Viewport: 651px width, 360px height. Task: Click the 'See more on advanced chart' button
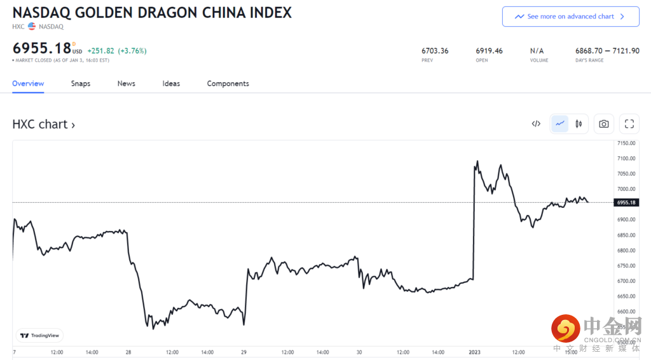[x=570, y=17]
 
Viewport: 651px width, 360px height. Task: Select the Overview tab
[x=28, y=83]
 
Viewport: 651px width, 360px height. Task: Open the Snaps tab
[x=81, y=83]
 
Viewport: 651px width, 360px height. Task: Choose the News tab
[x=127, y=83]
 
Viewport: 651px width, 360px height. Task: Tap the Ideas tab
[x=171, y=83]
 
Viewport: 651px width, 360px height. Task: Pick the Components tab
[x=228, y=83]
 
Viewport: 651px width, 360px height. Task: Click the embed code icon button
[x=536, y=124]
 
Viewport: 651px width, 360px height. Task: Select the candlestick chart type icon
[x=579, y=124]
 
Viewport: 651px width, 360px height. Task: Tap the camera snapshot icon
[x=604, y=124]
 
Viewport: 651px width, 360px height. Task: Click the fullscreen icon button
[x=629, y=124]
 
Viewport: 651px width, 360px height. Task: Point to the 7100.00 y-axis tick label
[x=626, y=158]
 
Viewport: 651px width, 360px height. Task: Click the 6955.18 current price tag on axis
[x=626, y=202]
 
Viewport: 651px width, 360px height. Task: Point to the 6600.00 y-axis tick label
[x=626, y=311]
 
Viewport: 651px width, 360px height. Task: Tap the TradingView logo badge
[x=39, y=335]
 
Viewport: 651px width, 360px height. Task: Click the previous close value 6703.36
[x=435, y=51]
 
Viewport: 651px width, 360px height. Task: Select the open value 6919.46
[x=489, y=51]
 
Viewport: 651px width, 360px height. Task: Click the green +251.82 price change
[x=100, y=51]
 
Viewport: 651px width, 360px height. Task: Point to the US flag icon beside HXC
[x=32, y=27]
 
